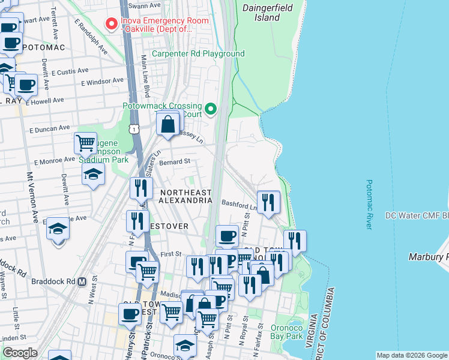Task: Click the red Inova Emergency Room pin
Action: [111, 24]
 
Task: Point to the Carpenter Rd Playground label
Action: [197, 53]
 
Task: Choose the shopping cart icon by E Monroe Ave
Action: [86, 143]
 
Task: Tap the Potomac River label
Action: [369, 205]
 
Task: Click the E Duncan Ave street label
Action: [49, 128]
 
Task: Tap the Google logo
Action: [20, 353]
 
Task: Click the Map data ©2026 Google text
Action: [411, 355]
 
